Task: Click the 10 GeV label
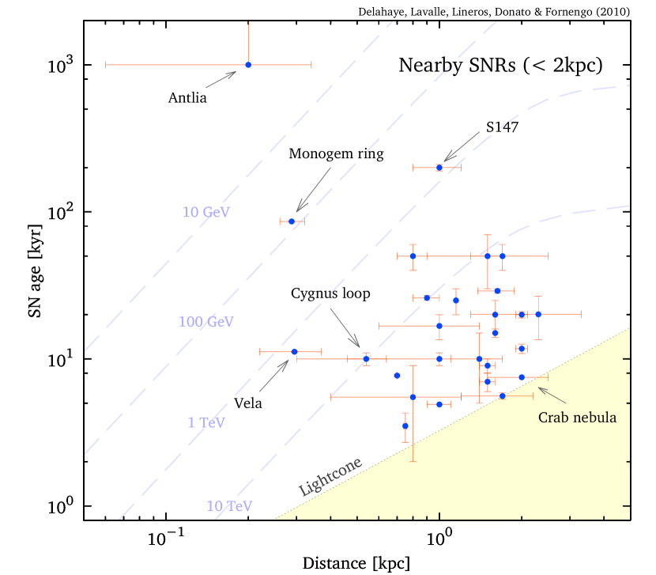pyautogui.click(x=205, y=212)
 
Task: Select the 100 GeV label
pyautogui.click(x=205, y=322)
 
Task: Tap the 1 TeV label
pyautogui.click(x=205, y=422)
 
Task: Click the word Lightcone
pyautogui.click(x=330, y=477)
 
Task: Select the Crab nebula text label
pyautogui.click(x=577, y=418)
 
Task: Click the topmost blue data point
pyautogui.click(x=248, y=65)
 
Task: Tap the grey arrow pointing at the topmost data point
pyautogui.click(x=221, y=79)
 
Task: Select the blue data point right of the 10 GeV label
pyautogui.click(x=292, y=221)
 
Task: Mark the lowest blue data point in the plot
pyautogui.click(x=405, y=426)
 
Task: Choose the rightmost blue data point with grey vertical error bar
pyautogui.click(x=538, y=314)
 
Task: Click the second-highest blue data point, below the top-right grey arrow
pyautogui.click(x=439, y=168)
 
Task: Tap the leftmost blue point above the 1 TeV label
pyautogui.click(x=295, y=351)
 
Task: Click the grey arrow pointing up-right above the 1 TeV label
pyautogui.click(x=274, y=375)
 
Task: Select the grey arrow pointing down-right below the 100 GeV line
pyautogui.click(x=345, y=327)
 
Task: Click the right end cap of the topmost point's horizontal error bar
pyautogui.click(x=311, y=65)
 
